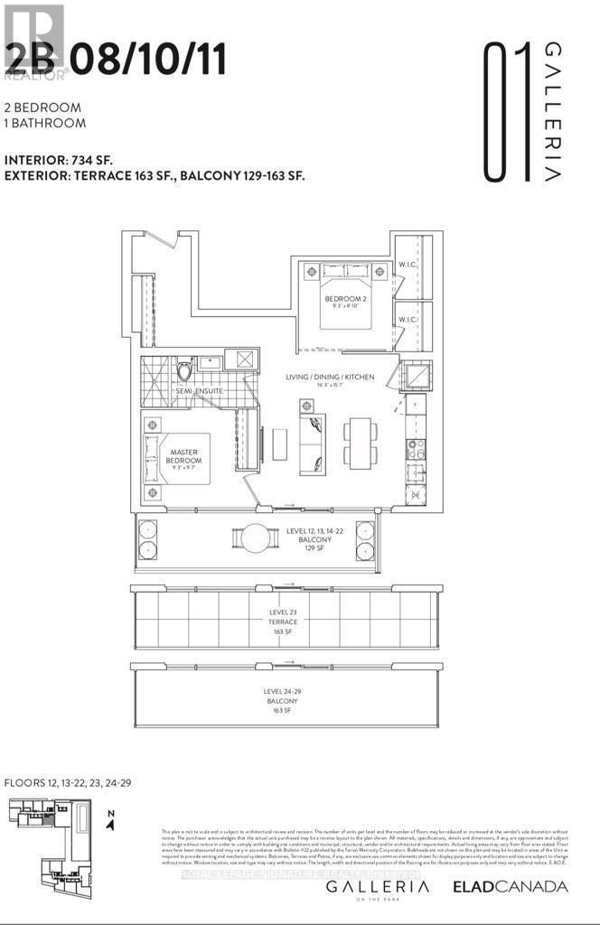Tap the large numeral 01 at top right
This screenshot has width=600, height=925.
506,108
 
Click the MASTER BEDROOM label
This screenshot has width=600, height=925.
183,454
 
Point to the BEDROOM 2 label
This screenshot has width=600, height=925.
345,299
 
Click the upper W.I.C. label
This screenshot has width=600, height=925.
407,266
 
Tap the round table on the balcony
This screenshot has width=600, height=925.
255,539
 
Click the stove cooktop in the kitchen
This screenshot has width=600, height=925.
415,450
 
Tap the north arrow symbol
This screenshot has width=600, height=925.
109,818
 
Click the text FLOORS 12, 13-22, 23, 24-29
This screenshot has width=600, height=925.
68,781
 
